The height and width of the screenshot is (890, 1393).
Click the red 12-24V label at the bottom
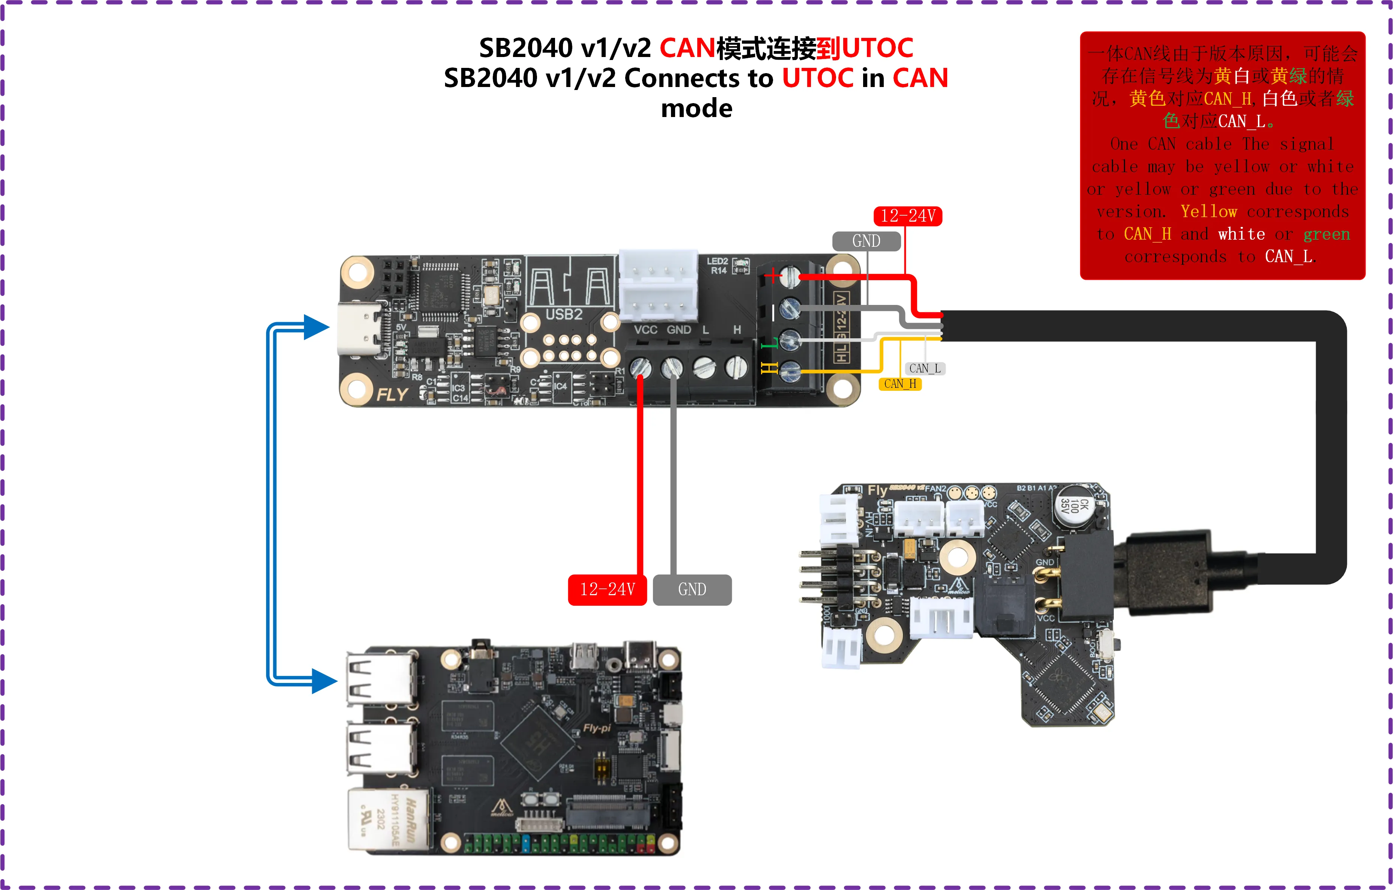608,589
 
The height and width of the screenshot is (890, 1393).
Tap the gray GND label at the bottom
692,589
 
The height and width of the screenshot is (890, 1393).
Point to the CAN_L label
924,368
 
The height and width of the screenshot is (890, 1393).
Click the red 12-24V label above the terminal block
907,216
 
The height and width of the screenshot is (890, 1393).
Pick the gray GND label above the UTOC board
866,240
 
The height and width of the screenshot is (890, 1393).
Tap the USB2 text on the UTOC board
564,314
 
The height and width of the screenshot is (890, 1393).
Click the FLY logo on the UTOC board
392,395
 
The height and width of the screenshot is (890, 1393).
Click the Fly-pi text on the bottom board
596,728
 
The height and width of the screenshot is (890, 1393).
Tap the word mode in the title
696,108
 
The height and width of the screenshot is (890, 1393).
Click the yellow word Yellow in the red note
1208,211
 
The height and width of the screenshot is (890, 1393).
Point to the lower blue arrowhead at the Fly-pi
324,681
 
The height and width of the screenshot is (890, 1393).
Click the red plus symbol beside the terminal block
772,276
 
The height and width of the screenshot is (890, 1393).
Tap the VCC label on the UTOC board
645,330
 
